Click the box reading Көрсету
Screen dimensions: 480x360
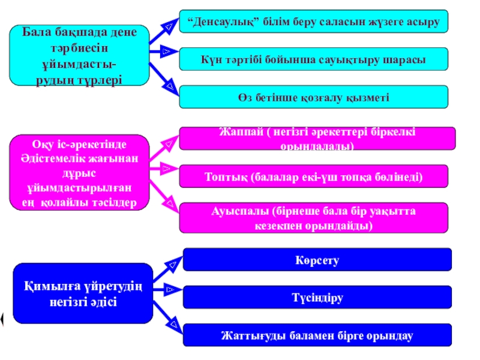(317, 260)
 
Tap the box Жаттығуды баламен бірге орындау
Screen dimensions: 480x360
(317, 335)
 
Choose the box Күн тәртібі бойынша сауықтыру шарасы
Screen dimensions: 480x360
(314, 59)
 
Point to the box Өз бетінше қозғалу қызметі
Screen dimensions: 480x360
(314, 97)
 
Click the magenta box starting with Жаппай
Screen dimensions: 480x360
(317, 139)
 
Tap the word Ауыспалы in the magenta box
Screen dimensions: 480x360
(238, 212)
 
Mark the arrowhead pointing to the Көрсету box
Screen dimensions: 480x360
(173, 262)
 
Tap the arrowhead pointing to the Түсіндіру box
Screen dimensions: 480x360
(170, 290)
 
